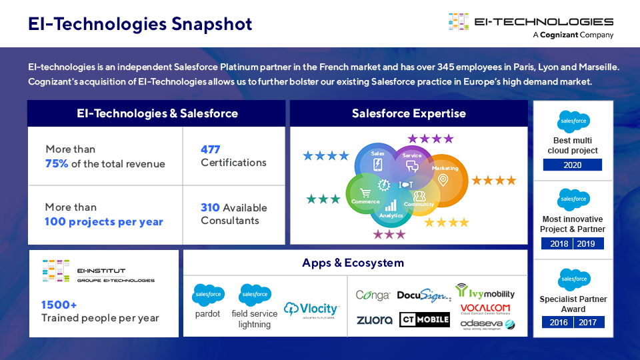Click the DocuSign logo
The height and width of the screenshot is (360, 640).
click(423, 295)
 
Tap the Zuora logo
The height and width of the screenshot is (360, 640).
click(374, 320)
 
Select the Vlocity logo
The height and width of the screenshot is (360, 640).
click(311, 309)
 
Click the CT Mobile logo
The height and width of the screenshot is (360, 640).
click(425, 320)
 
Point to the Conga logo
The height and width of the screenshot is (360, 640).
click(373, 295)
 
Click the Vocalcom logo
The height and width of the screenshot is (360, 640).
click(485, 308)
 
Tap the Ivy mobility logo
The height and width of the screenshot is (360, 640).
click(485, 292)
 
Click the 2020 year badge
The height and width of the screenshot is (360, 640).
click(572, 165)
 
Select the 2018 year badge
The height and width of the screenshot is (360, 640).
click(559, 243)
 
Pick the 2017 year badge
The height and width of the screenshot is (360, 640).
click(587, 323)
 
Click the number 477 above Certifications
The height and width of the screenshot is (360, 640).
click(210, 149)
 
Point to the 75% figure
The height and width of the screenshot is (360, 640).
click(57, 164)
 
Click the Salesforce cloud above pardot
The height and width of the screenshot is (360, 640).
click(207, 295)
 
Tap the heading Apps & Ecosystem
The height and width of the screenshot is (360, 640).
click(353, 263)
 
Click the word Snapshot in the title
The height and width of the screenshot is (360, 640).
click(212, 24)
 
